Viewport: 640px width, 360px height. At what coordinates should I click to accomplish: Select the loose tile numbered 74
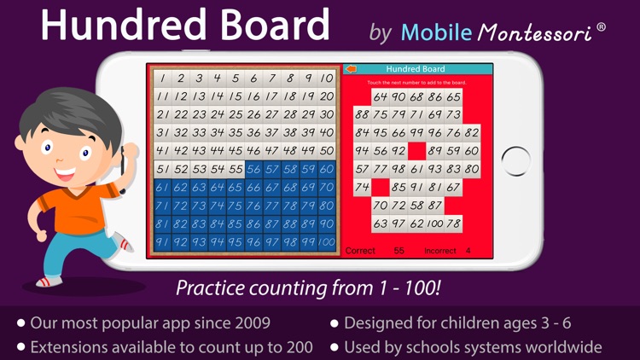[362, 187]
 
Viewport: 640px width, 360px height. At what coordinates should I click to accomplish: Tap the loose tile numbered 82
[472, 132]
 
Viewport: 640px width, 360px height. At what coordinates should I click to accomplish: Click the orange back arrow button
[351, 69]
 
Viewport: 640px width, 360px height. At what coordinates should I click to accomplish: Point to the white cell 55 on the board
[234, 169]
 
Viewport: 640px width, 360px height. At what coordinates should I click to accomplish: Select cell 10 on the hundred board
[326, 78]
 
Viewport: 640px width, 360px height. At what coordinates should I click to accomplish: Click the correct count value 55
[399, 251]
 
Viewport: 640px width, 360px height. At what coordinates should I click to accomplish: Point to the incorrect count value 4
[468, 251]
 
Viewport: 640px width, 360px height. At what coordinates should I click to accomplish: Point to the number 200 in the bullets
[295, 347]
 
